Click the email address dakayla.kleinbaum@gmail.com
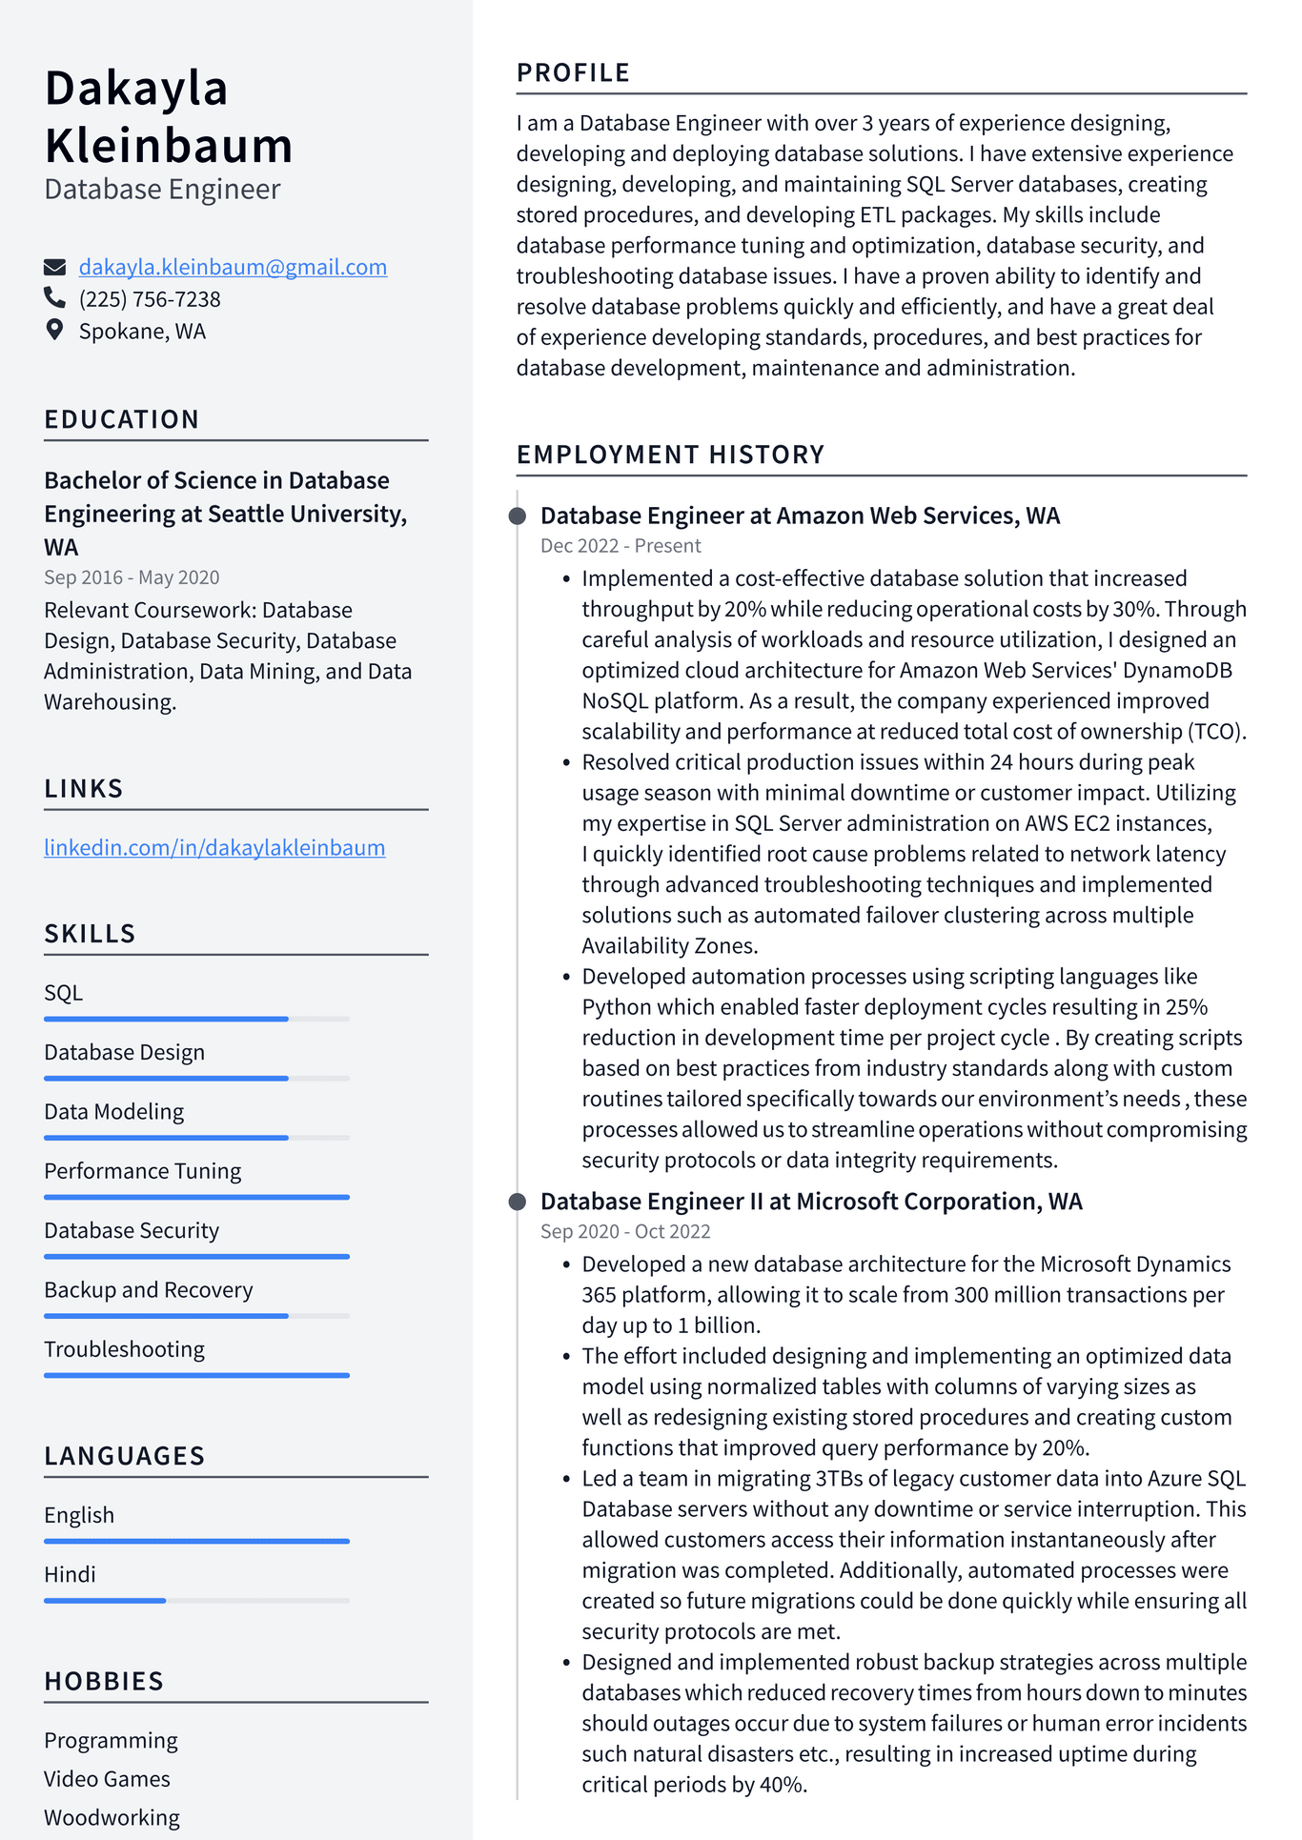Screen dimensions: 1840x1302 pyautogui.click(x=233, y=267)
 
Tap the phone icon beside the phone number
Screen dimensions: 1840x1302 pyautogui.click(x=54, y=298)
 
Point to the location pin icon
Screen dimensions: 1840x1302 pyautogui.click(x=54, y=330)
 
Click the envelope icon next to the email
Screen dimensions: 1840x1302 pyautogui.click(x=54, y=267)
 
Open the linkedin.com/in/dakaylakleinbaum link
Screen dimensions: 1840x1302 pyautogui.click(x=214, y=847)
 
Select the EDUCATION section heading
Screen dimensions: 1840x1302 pyautogui.click(x=122, y=419)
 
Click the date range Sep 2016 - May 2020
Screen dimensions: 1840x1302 pyautogui.click(x=132, y=577)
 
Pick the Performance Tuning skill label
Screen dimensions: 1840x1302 pyautogui.click(x=142, y=1171)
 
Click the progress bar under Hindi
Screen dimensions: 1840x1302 pyautogui.click(x=196, y=1601)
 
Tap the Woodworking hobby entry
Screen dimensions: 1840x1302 pyautogui.click(x=112, y=1818)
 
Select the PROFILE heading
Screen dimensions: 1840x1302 pyautogui.click(x=573, y=72)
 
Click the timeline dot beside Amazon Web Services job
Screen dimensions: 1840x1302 pyautogui.click(x=518, y=516)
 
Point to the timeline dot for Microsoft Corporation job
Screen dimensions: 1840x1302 pyautogui.click(x=518, y=1202)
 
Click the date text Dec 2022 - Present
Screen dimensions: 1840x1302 pyautogui.click(x=620, y=546)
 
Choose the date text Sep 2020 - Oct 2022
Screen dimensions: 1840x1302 pyautogui.click(x=625, y=1231)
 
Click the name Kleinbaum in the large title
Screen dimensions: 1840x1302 pyautogui.click(x=169, y=146)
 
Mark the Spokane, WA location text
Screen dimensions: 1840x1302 pyautogui.click(x=142, y=332)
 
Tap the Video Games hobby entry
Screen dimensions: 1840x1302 pyautogui.click(x=107, y=1779)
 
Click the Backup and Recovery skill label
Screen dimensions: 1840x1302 pyautogui.click(x=149, y=1290)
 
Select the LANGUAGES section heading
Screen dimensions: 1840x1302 pyautogui.click(x=125, y=1456)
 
